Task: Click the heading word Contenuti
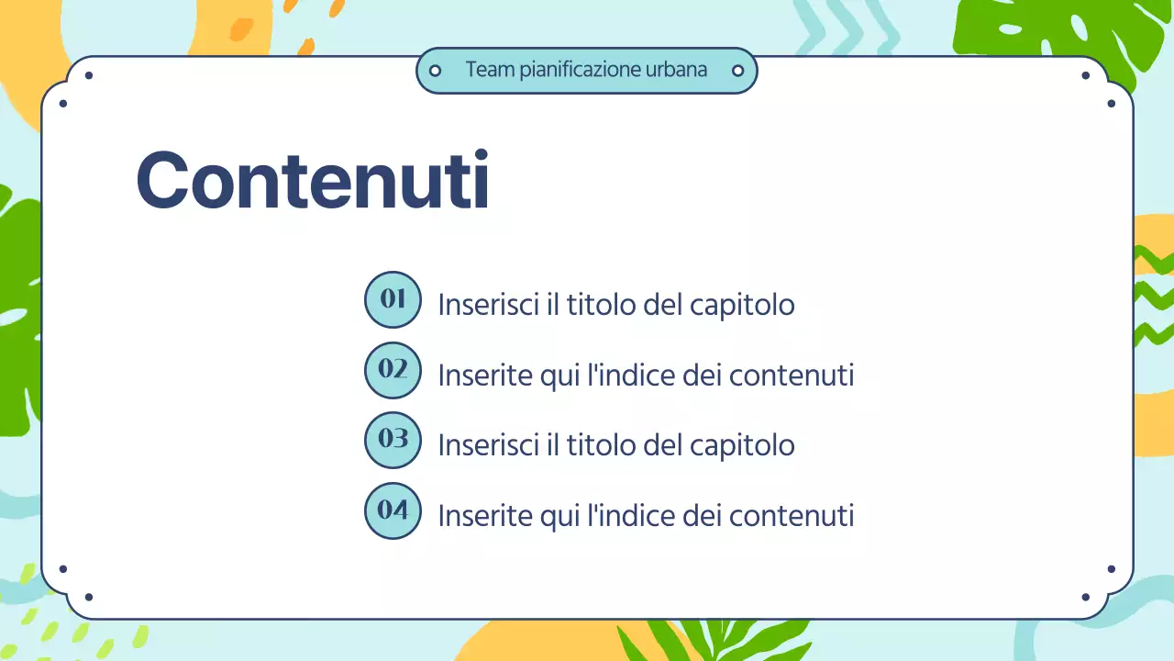coord(312,181)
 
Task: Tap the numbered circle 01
coord(393,299)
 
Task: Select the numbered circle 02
coord(393,370)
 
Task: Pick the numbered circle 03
coord(393,440)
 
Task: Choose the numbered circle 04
coord(393,510)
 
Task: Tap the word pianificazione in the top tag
coord(575,71)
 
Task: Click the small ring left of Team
coord(436,71)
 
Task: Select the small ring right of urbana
coord(737,71)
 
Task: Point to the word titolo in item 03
coord(602,445)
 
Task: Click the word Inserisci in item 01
coord(488,305)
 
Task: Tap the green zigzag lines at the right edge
coord(1154,294)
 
